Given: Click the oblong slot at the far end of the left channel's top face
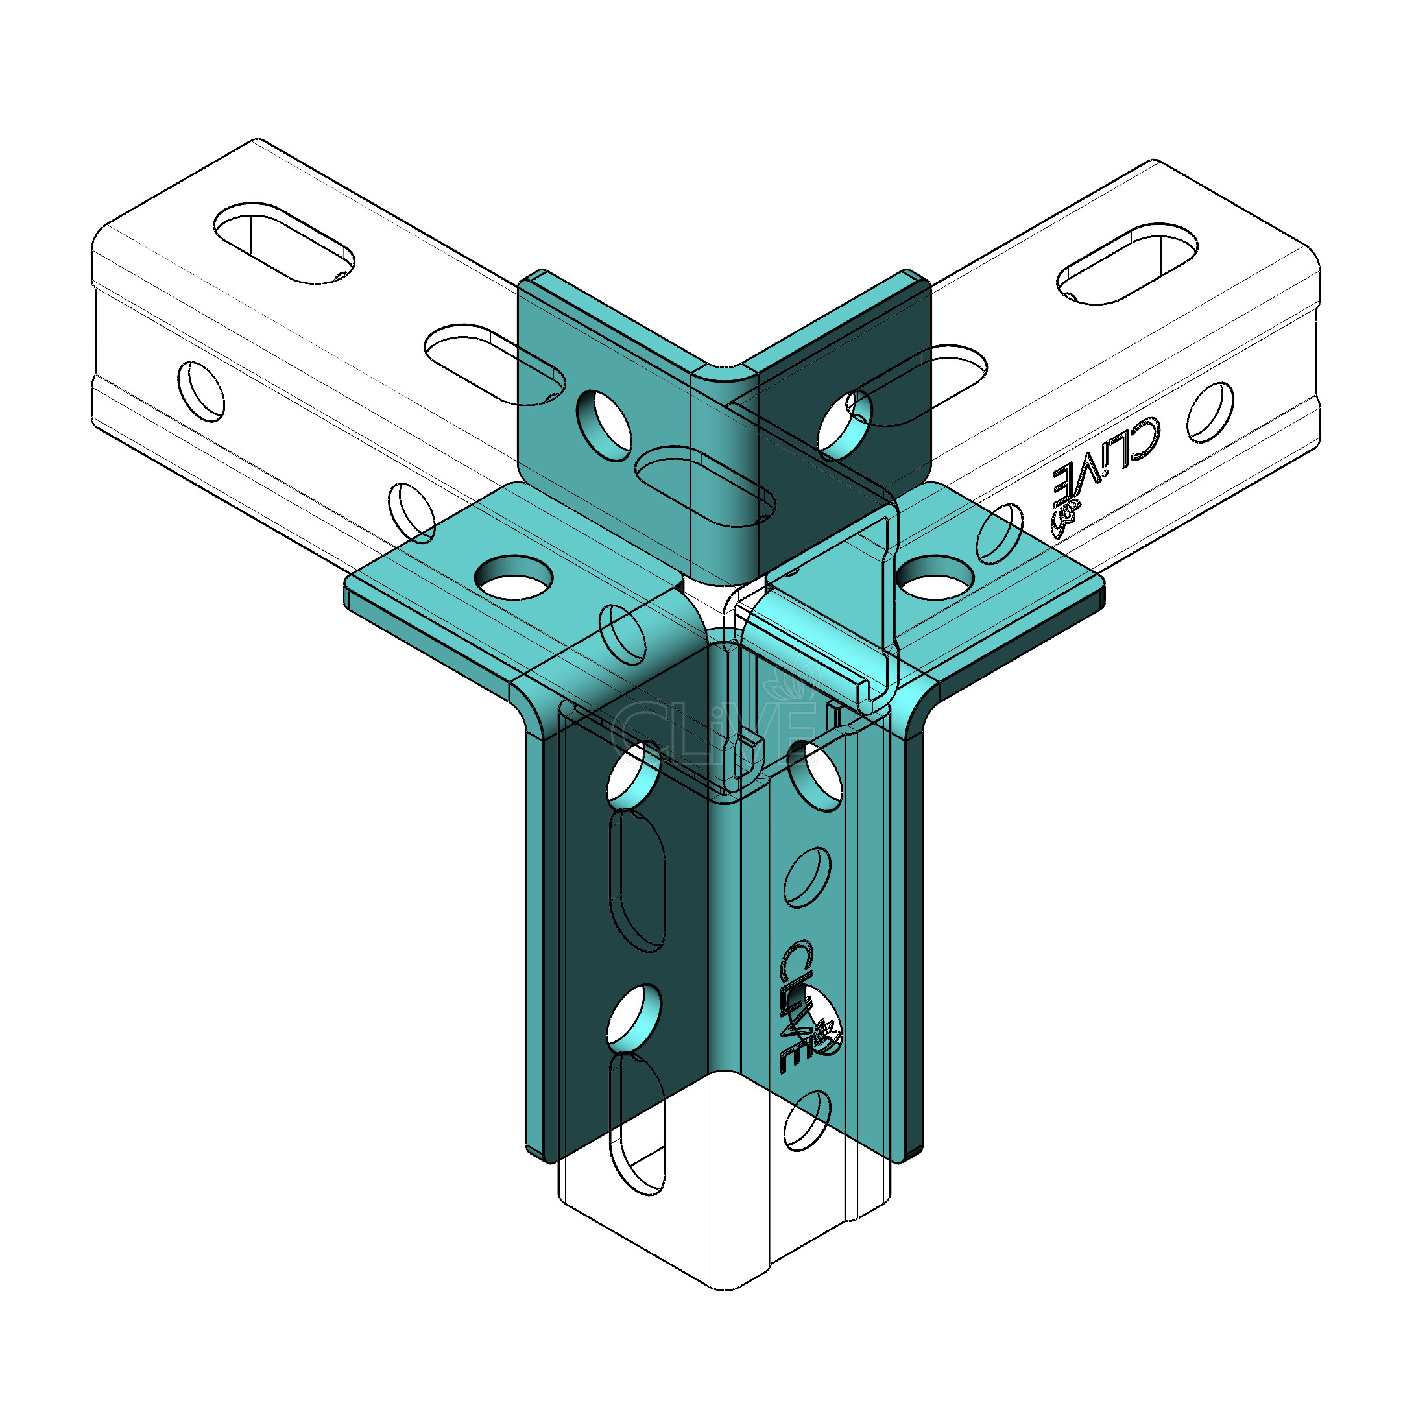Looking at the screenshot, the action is point(283,242).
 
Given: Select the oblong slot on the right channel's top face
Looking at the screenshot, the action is point(1127,263).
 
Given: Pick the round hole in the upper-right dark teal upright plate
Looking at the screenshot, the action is point(845,422).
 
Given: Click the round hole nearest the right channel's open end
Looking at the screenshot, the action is point(1210,411).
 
